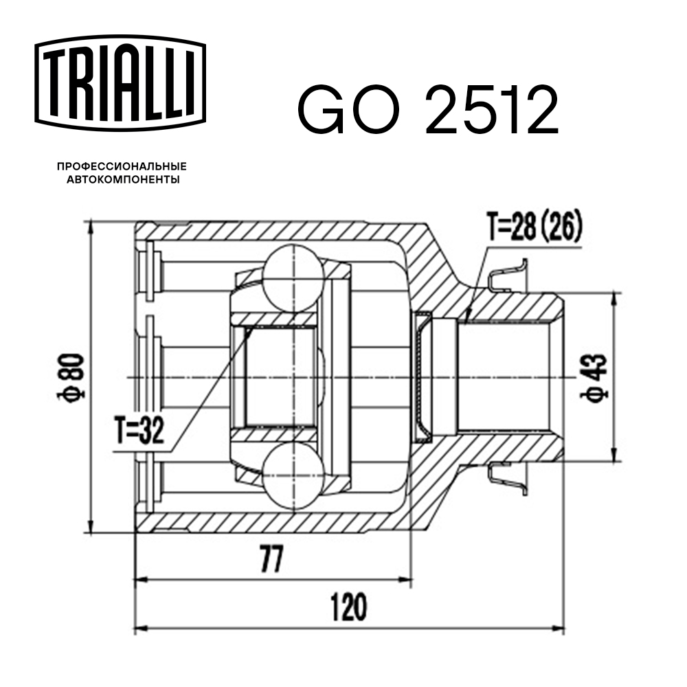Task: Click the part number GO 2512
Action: pos(427,111)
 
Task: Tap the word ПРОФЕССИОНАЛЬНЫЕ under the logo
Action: pos(122,167)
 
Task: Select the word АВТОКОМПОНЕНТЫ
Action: pos(122,180)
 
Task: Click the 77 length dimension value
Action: pos(273,561)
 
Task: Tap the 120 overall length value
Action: pos(348,607)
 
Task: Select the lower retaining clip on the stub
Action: pos(508,478)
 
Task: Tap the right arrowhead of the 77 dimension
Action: pos(408,580)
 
